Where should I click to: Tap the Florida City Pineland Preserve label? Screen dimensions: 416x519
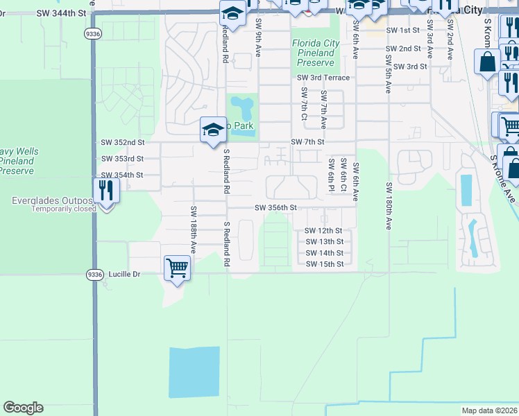(x=316, y=53)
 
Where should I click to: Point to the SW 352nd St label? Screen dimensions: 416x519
(x=122, y=142)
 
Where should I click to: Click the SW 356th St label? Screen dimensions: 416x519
(x=275, y=207)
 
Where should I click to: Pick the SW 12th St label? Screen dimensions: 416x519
(x=324, y=230)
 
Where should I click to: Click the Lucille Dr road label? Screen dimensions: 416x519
(x=124, y=275)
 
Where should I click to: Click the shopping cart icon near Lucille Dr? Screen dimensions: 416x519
(x=177, y=267)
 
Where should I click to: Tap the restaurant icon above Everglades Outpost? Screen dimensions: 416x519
(x=106, y=189)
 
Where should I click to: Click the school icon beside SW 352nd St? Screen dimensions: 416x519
(x=213, y=129)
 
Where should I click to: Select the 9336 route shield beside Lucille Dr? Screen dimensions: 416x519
(x=95, y=275)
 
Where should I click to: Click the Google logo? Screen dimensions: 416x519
(x=23, y=408)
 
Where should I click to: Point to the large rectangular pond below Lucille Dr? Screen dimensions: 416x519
(x=194, y=372)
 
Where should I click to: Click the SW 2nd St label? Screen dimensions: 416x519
(x=404, y=49)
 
